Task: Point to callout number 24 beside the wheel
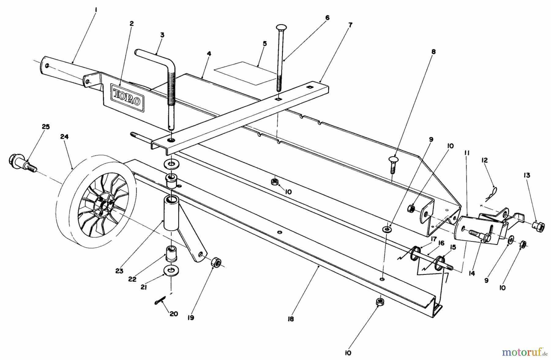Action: [x=64, y=137]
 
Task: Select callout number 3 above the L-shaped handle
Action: [x=162, y=35]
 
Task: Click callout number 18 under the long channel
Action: [x=290, y=319]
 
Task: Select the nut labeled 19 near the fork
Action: [x=216, y=262]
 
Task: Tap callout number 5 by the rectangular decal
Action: [x=264, y=44]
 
